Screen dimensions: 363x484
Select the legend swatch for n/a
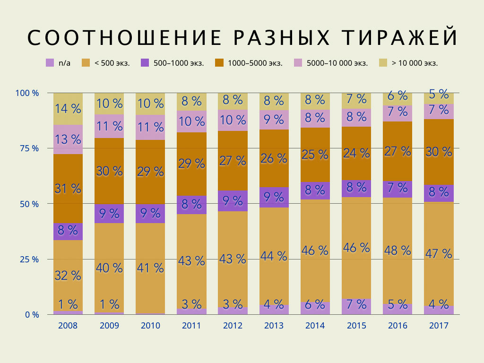[50, 62]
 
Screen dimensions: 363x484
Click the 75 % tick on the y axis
[30, 148]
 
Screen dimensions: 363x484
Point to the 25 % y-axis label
[30, 259]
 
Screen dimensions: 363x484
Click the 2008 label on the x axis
[68, 326]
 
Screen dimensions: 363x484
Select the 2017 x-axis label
[439, 326]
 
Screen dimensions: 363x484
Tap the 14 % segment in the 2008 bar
[68, 109]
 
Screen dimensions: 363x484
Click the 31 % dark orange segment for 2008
[68, 189]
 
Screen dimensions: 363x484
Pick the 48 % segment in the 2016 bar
[398, 250]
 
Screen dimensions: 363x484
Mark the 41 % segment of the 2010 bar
[150, 268]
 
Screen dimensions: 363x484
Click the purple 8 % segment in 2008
[68, 231]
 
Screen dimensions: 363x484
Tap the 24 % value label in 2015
[356, 153]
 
